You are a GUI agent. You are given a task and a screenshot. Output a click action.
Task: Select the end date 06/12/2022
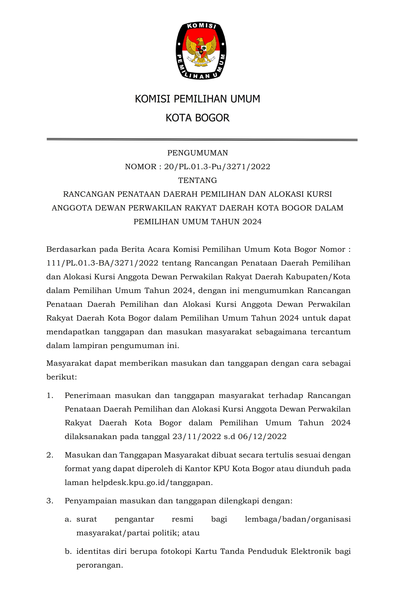click(x=262, y=437)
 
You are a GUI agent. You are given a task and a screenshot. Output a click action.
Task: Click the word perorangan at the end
click(x=100, y=566)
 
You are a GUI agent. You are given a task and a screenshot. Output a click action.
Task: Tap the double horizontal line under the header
click(x=202, y=140)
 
